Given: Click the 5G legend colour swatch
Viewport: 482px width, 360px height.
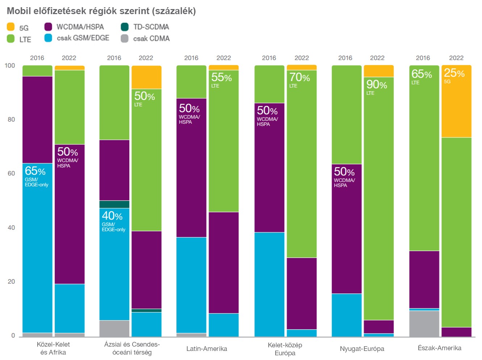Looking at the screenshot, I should point(11,27).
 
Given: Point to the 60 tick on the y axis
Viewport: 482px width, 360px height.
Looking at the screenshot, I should point(11,173).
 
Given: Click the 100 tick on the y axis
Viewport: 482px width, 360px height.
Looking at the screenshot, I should point(10,65).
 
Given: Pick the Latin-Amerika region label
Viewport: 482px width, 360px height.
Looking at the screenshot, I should point(206,349).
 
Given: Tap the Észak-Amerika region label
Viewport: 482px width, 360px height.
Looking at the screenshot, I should point(439,348).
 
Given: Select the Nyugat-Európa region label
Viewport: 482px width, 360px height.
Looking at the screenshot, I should point(362,349).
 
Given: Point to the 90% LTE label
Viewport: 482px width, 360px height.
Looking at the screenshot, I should point(376,87).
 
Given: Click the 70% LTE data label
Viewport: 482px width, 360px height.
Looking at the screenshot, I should point(299,79).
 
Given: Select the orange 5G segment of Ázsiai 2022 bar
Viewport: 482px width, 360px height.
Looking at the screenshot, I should point(146,77).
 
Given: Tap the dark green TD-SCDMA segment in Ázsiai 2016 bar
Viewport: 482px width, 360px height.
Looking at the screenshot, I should point(114,204).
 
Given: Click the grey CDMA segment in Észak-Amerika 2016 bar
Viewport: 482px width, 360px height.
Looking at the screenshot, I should point(424,323).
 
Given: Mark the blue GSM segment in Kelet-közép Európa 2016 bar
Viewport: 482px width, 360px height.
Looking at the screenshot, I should point(269,284).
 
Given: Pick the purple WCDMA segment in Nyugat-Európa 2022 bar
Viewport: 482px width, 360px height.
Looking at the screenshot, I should point(378,327).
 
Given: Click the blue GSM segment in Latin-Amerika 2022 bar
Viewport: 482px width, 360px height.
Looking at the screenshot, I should point(223,325).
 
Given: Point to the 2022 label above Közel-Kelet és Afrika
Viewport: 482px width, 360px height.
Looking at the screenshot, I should point(69,58).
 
